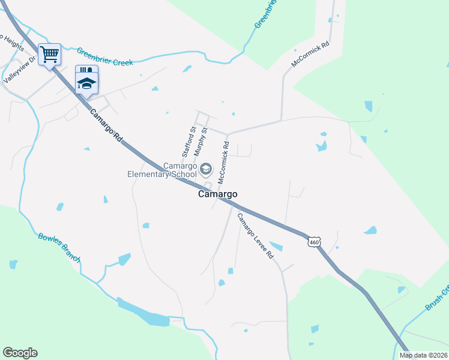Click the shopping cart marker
(x=49, y=55)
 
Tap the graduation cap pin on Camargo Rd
(x=86, y=79)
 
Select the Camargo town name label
(x=218, y=194)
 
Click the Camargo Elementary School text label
(x=162, y=170)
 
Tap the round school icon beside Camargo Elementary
(x=206, y=169)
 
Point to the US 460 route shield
(x=314, y=242)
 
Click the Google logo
(x=20, y=353)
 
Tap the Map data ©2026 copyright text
(x=423, y=355)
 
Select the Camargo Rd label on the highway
(x=106, y=125)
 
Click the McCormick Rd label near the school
(x=223, y=162)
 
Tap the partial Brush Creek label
(x=437, y=299)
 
